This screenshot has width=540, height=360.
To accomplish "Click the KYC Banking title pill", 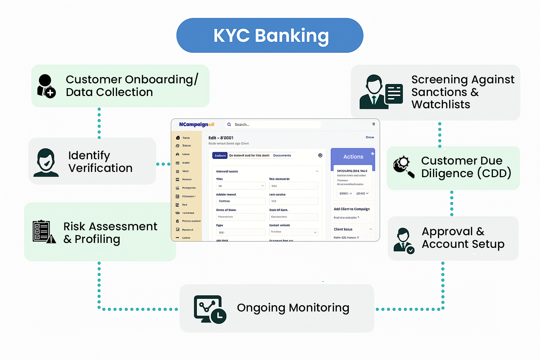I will pyautogui.click(x=270, y=36).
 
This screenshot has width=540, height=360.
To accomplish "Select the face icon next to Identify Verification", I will pyautogui.click(x=46, y=162).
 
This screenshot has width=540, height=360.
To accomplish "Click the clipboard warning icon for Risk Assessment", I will pyautogui.click(x=44, y=232).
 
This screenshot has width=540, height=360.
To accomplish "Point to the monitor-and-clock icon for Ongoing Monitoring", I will pyautogui.click(x=210, y=309).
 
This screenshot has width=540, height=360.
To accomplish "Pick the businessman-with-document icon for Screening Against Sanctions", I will pyautogui.click(x=381, y=92).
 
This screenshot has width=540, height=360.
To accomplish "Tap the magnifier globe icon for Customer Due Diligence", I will pyautogui.click(x=404, y=166).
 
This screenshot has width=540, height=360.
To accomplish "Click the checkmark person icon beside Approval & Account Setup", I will pyautogui.click(x=404, y=240).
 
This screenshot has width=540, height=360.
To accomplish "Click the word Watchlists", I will pyautogui.click(x=441, y=104).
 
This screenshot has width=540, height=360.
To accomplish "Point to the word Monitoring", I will pyautogui.click(x=319, y=308).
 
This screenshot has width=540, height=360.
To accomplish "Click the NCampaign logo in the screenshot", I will pyautogui.click(x=197, y=124).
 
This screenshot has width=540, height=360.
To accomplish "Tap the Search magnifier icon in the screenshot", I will pyautogui.click(x=229, y=124).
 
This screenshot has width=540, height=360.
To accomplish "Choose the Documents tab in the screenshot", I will pyautogui.click(x=282, y=155).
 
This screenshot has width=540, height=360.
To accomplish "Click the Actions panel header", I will pyautogui.click(x=353, y=157).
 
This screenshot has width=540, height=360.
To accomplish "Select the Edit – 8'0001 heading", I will pyautogui.click(x=221, y=138).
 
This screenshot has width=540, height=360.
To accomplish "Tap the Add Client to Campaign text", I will pyautogui.click(x=352, y=209).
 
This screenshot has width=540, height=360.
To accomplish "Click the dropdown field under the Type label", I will pyautogui.click(x=240, y=232).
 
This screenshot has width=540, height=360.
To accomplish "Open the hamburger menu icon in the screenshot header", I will pyautogui.click(x=373, y=124).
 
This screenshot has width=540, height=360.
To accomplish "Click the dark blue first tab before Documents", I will pyautogui.click(x=220, y=155).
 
